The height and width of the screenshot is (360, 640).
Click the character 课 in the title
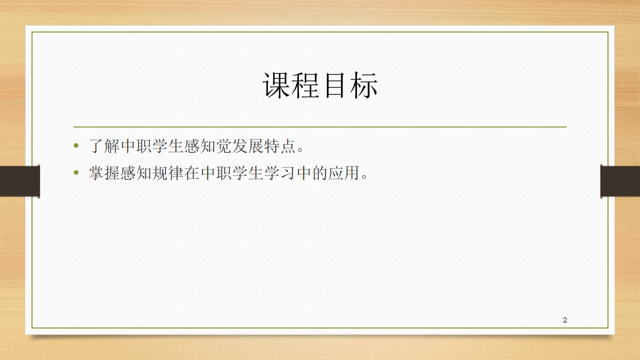[276, 85]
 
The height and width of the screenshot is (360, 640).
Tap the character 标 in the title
[363, 85]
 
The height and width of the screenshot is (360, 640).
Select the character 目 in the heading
[334, 85]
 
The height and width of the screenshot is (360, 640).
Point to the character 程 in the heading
[305, 85]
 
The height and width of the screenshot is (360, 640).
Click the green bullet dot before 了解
[76, 145]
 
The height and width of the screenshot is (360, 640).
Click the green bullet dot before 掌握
[76, 172]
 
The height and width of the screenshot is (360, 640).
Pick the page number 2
[565, 320]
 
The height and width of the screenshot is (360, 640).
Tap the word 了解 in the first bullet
[104, 146]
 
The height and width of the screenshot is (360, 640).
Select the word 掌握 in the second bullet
[104, 173]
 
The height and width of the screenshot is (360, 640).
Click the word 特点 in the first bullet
[280, 146]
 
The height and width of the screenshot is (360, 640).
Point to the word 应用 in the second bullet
[343, 173]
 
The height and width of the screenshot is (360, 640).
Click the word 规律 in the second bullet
[168, 173]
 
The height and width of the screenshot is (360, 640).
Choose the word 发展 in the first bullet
[248, 146]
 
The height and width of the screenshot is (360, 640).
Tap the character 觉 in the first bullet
[224, 146]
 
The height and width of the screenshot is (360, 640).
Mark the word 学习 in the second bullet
[280, 173]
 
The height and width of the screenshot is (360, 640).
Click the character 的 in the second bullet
[319, 173]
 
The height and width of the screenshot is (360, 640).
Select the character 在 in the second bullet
[192, 173]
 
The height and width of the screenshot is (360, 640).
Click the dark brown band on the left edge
[19, 181]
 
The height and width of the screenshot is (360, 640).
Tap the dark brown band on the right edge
[620, 181]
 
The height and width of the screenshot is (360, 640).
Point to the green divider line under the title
[320, 126]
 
